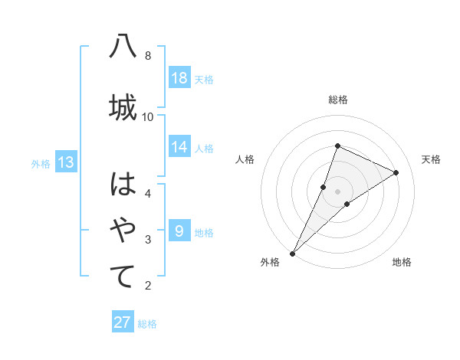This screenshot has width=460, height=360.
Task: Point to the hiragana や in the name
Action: point(123,229)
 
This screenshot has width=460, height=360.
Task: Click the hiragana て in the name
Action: point(123,276)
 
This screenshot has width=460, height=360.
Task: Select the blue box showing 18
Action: point(179,78)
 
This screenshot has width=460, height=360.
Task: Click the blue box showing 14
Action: point(179,147)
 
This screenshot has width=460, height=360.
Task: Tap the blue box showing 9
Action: point(179,231)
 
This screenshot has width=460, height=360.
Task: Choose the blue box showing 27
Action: point(123,322)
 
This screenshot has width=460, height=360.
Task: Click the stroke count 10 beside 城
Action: point(148,116)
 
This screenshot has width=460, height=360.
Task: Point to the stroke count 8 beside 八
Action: point(148,56)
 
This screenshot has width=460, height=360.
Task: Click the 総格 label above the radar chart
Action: point(337,100)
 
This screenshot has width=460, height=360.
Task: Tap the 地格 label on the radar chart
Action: point(402,262)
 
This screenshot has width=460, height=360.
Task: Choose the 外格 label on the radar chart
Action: point(270,262)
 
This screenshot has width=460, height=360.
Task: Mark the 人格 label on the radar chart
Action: point(245,159)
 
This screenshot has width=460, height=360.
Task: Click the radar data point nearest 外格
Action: point(292,253)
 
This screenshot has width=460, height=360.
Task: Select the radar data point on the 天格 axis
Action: point(396,172)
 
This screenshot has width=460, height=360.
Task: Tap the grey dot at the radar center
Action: point(337,191)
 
